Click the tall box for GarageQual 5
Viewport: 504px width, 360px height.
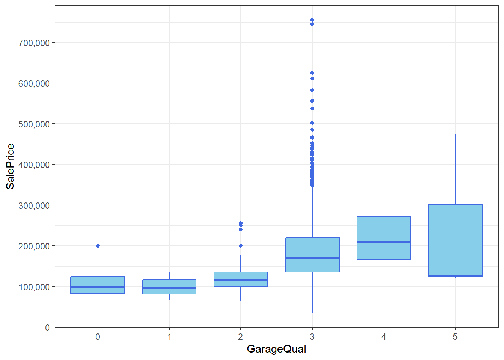point(455,240)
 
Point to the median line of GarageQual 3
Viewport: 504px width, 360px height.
point(312,258)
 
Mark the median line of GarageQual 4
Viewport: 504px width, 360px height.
point(384,242)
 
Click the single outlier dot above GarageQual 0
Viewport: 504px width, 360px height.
point(98,246)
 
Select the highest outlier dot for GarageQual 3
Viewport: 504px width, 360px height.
point(312,20)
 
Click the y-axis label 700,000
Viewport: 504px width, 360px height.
point(34,43)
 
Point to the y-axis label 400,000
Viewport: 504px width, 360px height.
point(34,165)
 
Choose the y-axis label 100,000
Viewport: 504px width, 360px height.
point(34,287)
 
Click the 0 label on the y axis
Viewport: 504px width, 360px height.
point(47,327)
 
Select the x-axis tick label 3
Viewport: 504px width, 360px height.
point(312,337)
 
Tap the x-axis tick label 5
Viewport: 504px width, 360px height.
point(455,337)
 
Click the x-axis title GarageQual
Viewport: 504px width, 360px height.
point(276,349)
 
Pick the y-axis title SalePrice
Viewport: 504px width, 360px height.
point(10,166)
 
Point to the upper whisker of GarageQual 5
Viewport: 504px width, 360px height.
point(455,169)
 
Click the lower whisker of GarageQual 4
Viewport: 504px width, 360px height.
point(384,275)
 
